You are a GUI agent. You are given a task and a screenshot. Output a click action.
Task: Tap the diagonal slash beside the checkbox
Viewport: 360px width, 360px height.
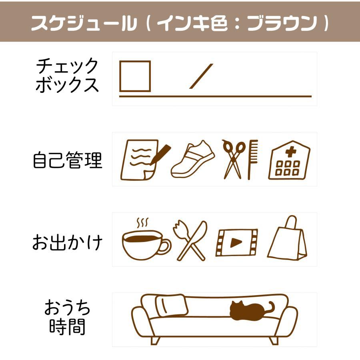(x=201, y=76)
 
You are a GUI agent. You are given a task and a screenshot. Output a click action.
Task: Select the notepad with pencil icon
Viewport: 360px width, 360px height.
(x=146, y=160)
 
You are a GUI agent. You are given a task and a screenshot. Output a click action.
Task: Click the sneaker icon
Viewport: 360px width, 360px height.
(x=193, y=159)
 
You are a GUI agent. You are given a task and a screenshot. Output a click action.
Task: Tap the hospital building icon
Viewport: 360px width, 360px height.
(x=289, y=160)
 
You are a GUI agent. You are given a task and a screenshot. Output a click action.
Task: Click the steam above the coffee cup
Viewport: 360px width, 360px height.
(x=142, y=222)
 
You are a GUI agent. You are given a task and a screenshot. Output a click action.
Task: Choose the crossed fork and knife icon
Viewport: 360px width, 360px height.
(x=190, y=240)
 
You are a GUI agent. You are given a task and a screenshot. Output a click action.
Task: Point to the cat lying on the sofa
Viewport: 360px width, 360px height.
(x=252, y=311)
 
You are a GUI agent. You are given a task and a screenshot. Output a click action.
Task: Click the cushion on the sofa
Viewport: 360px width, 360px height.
(x=172, y=305)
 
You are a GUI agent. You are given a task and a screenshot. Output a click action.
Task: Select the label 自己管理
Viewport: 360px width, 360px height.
(x=68, y=160)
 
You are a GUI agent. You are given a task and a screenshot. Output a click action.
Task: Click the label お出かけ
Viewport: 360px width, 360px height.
(x=67, y=242)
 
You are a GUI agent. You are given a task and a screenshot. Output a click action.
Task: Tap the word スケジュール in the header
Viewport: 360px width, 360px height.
(x=84, y=23)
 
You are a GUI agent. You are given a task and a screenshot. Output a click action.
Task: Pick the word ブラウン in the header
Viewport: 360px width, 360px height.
(x=282, y=23)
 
